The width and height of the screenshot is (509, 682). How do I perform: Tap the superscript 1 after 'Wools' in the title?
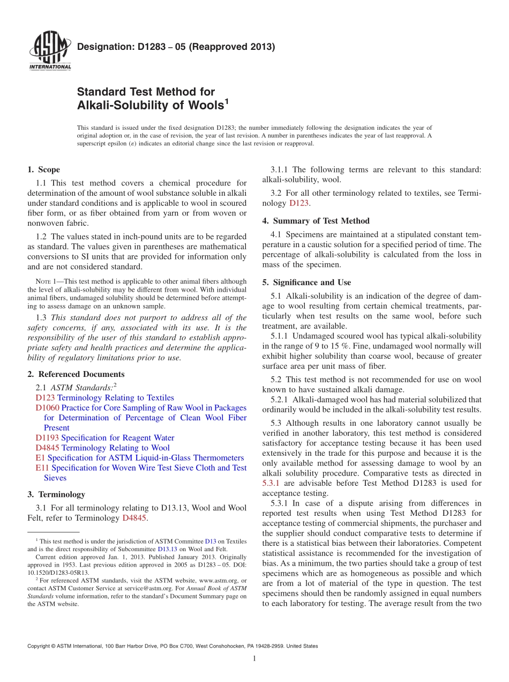pyautogui.click(x=226, y=101)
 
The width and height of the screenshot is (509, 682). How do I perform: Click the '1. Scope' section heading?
pyautogui.click(x=43, y=169)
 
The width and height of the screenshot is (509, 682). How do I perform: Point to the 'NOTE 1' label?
pyautogui.click(x=38, y=281)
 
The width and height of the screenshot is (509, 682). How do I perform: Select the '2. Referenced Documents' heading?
pyautogui.click(x=76, y=374)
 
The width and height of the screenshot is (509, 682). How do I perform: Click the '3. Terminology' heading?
pyautogui.click(x=56, y=494)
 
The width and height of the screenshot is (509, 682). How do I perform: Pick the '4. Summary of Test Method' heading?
pyautogui.click(x=316, y=221)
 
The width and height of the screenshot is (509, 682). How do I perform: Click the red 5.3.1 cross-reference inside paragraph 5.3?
pyautogui.click(x=271, y=483)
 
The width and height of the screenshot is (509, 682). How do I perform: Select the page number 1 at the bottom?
pyautogui.click(x=254, y=658)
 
